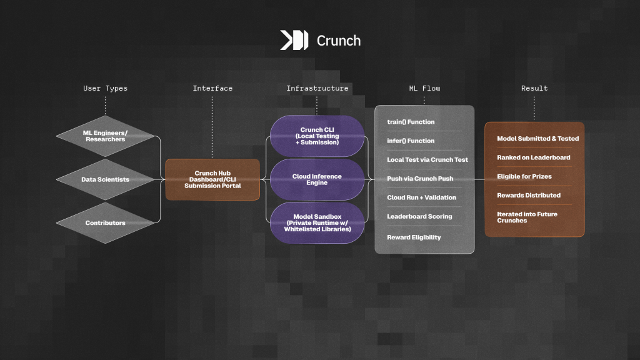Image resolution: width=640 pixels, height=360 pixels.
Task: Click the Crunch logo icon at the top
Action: [294, 41]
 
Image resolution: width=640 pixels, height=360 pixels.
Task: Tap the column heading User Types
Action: [105, 88]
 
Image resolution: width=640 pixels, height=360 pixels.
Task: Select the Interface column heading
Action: [212, 88]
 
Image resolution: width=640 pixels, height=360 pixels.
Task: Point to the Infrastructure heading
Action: [317, 88]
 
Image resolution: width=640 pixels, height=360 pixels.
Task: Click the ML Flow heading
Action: [424, 88]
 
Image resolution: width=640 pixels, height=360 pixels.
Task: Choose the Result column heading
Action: [534, 88]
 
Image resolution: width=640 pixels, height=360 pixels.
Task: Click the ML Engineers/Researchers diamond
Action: [105, 136]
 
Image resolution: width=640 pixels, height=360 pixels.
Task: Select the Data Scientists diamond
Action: [105, 179]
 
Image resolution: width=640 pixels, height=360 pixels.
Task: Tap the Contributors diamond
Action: [105, 222]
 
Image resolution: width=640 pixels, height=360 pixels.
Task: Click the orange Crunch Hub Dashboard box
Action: [212, 179]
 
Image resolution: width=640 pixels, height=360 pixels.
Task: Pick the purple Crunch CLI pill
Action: [317, 136]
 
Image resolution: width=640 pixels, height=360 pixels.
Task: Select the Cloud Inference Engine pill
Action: [317, 179]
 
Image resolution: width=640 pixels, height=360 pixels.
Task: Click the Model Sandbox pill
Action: [317, 222]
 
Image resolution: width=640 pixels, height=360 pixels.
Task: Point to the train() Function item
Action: [411, 122]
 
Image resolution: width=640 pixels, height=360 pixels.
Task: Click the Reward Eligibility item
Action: [414, 237]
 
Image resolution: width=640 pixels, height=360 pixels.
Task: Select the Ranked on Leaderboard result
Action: [533, 157]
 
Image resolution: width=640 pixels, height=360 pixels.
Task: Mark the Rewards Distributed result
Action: [529, 195]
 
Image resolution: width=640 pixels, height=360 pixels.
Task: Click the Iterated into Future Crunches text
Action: [528, 217]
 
